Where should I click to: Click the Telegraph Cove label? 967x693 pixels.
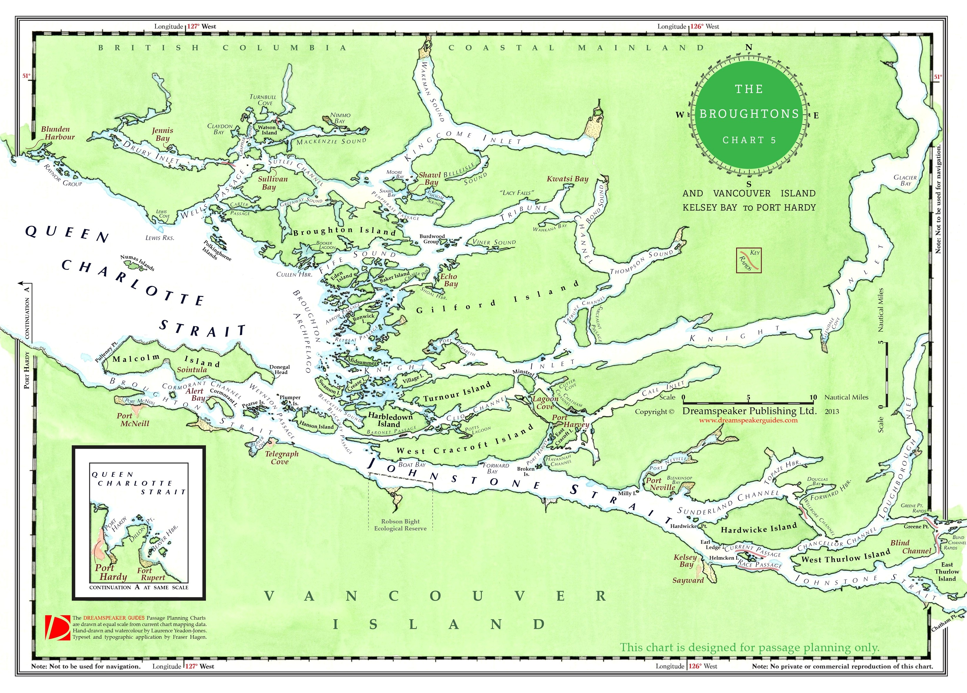282,457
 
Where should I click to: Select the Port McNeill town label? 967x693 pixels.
134,419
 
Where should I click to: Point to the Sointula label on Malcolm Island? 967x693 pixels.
192,369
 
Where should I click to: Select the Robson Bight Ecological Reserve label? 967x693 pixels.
400,525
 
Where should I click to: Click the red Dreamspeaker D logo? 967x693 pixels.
57,627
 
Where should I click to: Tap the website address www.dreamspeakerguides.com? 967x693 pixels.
748,420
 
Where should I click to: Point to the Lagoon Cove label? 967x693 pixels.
545,402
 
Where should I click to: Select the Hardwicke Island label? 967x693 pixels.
758,529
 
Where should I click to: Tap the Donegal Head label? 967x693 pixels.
280,369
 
